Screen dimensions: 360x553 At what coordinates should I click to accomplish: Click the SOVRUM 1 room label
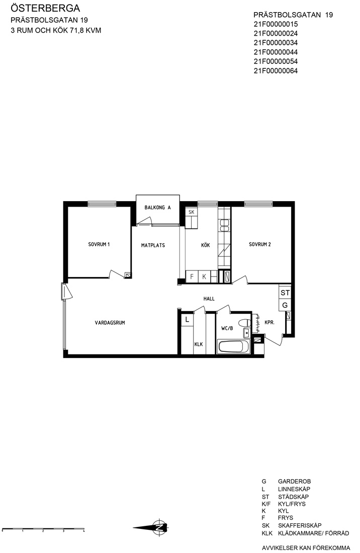[x=99, y=244]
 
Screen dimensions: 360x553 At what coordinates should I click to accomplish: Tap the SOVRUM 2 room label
[x=260, y=244]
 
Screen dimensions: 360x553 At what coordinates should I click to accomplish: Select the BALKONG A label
[x=157, y=207]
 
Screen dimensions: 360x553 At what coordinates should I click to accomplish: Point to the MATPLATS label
[x=153, y=245]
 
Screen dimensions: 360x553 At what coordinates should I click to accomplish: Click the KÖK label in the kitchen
[x=206, y=245]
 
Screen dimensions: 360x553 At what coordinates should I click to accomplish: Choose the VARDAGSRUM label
[x=110, y=322]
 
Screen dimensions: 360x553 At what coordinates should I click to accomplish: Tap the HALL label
[x=209, y=299]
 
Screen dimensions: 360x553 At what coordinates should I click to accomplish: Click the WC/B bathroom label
[x=227, y=328]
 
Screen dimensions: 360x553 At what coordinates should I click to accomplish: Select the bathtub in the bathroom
[x=234, y=347]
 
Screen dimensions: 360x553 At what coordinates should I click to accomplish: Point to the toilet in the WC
[x=244, y=322]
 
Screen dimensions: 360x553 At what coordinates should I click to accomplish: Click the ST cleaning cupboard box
[x=285, y=293]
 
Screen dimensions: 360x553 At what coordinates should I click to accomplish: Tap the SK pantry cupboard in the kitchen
[x=192, y=212]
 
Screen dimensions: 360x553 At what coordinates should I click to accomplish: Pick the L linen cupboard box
[x=187, y=320]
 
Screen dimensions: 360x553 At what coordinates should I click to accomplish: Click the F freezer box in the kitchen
[x=192, y=277]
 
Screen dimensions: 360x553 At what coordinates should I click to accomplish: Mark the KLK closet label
[x=199, y=344]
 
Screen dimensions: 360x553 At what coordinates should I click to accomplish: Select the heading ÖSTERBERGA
[x=45, y=8]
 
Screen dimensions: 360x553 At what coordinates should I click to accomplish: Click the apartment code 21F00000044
[x=276, y=52]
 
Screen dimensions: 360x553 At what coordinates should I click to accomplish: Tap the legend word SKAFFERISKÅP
[x=300, y=525]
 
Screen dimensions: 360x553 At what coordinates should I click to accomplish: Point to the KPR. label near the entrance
[x=269, y=322]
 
